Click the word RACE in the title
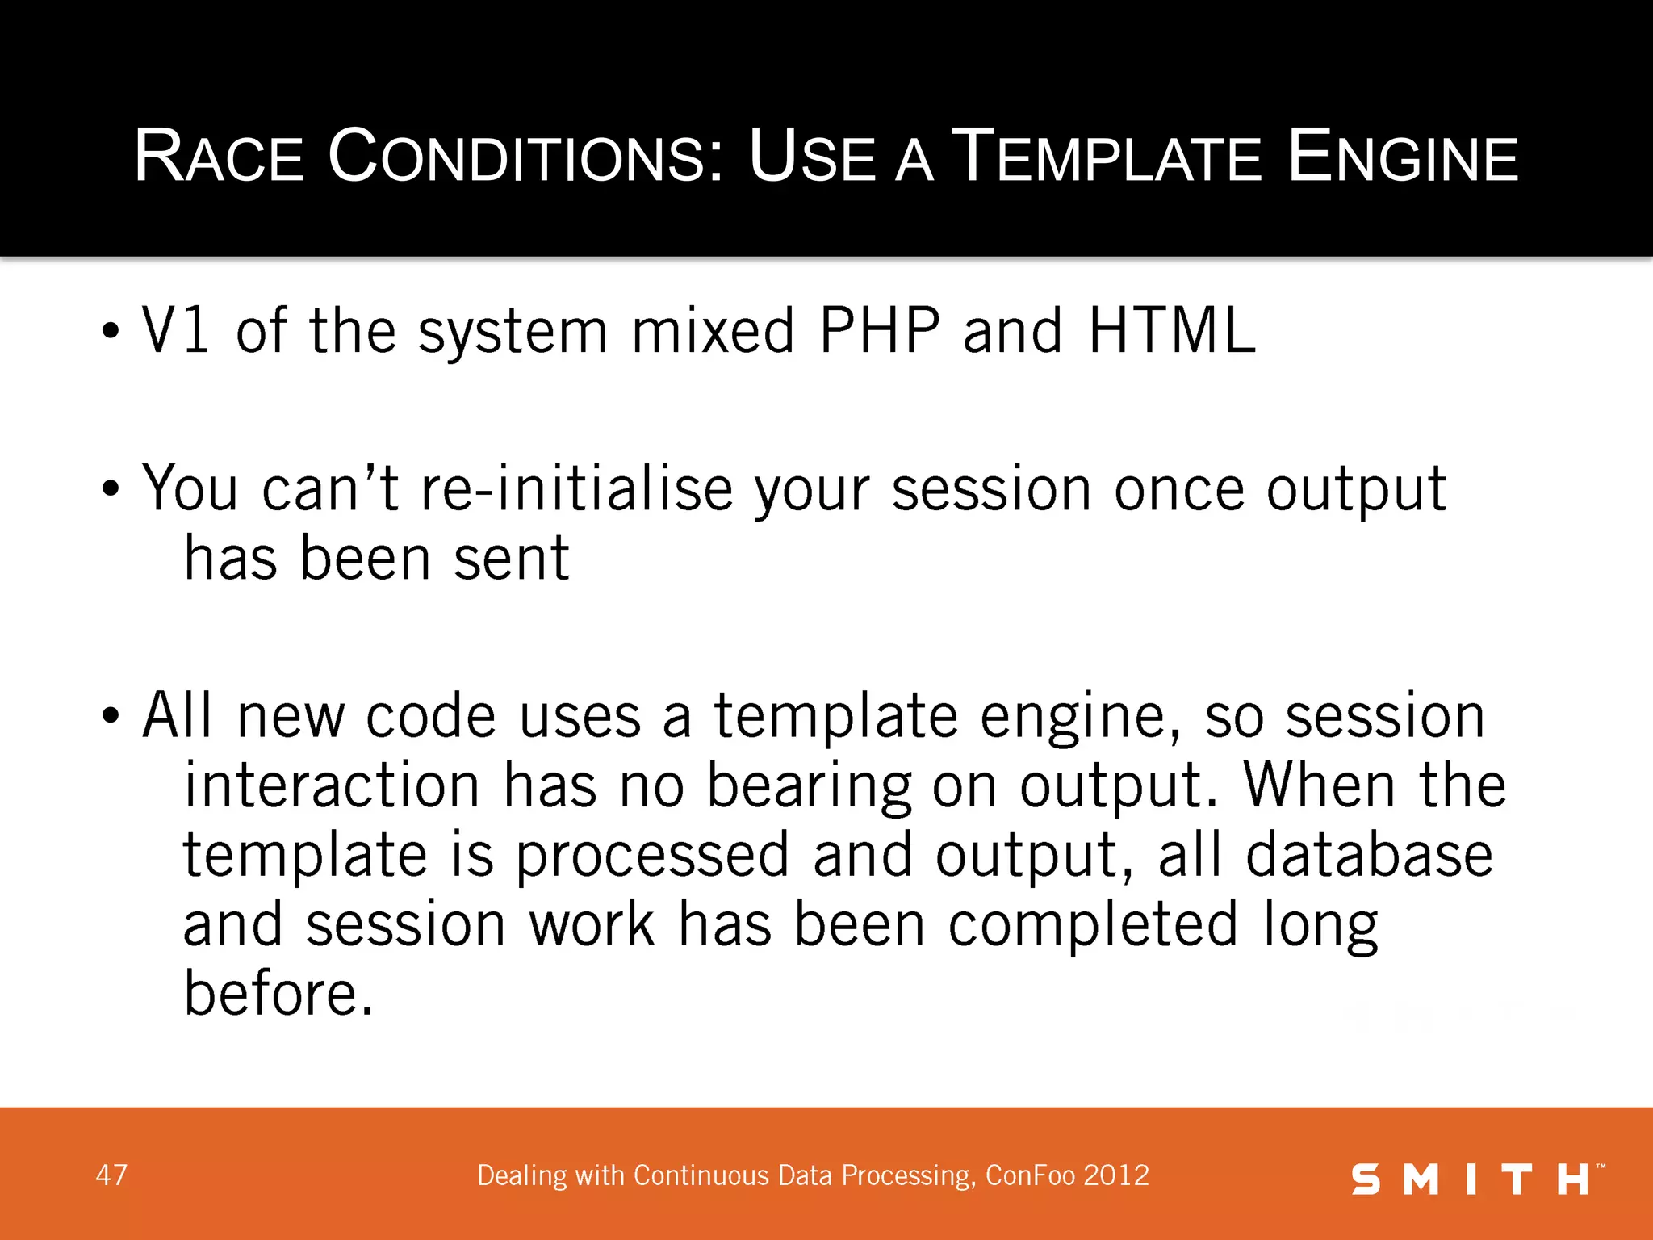coord(219,157)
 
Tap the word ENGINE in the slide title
coord(1403,157)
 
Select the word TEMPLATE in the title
coord(1107,157)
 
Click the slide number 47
coord(111,1175)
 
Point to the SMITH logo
coord(1477,1179)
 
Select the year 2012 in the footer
coord(1116,1175)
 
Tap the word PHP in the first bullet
coord(880,331)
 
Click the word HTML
coord(1172,331)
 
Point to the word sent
coord(512,559)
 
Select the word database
coord(1369,856)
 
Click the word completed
coord(1093,925)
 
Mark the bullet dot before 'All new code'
coord(111,716)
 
